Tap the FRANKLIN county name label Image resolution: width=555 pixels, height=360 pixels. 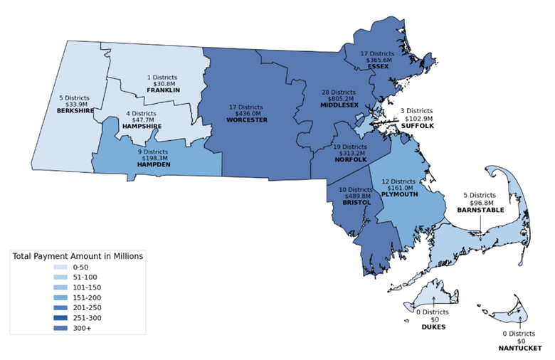pos(163,90)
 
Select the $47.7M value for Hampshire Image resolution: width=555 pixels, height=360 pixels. pos(142,120)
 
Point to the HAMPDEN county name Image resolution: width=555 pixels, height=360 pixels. pos(153,164)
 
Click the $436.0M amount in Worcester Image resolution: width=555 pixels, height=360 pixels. pos(247,113)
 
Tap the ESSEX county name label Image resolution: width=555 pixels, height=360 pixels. pos(378,67)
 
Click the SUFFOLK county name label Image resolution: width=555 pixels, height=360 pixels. pos(416,125)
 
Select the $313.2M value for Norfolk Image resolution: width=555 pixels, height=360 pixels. pos(350,153)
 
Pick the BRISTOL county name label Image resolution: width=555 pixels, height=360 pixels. pos(356,203)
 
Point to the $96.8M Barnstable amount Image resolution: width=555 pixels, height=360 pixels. pos(480,203)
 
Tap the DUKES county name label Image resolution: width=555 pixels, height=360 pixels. pos(433,327)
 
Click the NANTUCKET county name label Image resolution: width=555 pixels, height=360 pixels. pos(520,349)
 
